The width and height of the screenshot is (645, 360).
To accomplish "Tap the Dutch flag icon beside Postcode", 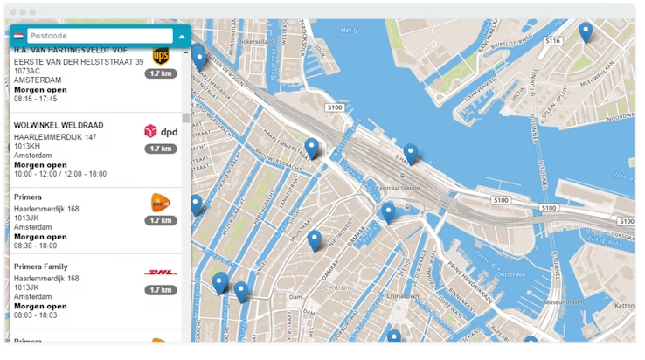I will click(x=18, y=37).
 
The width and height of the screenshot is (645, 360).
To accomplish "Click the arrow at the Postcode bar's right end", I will click(x=181, y=37).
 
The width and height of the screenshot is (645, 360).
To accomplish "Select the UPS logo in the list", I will click(x=160, y=56).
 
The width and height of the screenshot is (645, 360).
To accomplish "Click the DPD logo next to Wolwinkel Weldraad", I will click(x=160, y=131).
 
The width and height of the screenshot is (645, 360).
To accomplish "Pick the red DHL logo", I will click(x=160, y=273).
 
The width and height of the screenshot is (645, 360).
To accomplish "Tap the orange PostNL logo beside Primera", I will click(x=160, y=203).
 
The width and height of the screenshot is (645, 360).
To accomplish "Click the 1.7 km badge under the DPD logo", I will click(x=160, y=149).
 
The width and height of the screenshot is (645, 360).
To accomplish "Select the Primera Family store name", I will click(x=41, y=267).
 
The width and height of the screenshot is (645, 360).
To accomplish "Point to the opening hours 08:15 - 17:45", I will click(x=36, y=99).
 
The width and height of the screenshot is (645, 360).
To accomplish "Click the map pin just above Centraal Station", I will click(x=410, y=154).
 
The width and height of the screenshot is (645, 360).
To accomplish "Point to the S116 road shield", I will click(x=551, y=40).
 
